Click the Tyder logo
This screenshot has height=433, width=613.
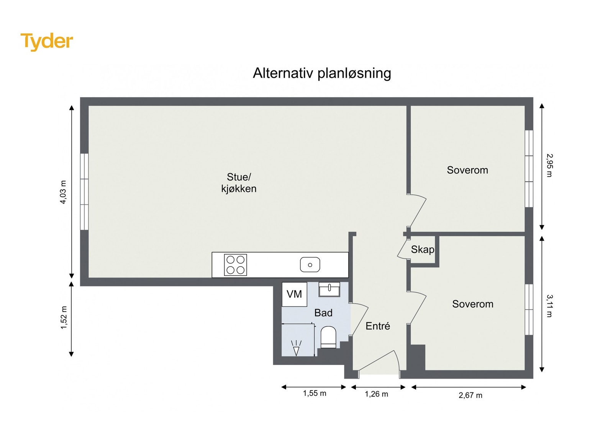(x=46, y=41)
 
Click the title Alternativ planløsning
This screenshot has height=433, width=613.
(x=322, y=73)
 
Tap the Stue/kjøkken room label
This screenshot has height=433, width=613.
(x=239, y=183)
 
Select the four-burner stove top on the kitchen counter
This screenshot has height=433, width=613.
(x=235, y=265)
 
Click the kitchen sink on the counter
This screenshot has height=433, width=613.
(x=310, y=265)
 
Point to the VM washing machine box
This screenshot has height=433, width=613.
(x=294, y=294)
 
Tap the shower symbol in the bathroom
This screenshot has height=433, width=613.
(x=296, y=348)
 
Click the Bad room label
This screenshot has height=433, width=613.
(x=323, y=313)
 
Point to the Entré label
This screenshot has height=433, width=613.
(x=378, y=326)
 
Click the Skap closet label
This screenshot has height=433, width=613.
(x=423, y=249)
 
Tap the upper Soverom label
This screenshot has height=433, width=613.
(x=467, y=170)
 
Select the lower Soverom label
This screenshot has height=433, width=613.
(x=473, y=304)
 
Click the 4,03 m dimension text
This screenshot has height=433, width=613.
(x=63, y=192)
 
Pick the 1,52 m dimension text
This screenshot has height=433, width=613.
(x=64, y=317)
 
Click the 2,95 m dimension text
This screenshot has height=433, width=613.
(x=549, y=165)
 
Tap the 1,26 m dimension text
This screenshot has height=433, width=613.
(x=376, y=394)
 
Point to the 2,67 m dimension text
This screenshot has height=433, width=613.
(x=470, y=395)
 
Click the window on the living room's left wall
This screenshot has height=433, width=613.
(x=84, y=192)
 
